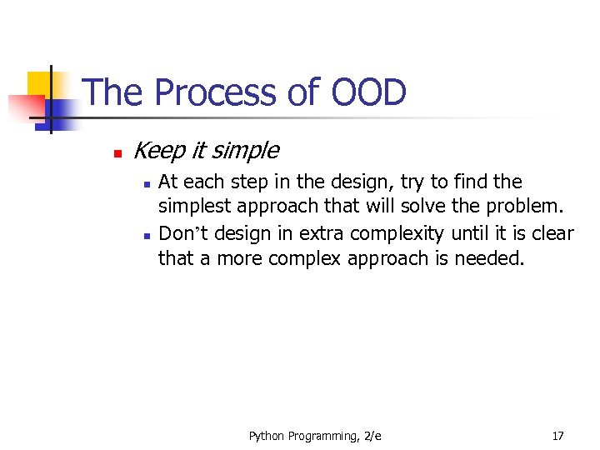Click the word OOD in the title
[x=368, y=92]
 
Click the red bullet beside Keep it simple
[x=117, y=154]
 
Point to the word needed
[x=490, y=259]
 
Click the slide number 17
[x=557, y=436]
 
